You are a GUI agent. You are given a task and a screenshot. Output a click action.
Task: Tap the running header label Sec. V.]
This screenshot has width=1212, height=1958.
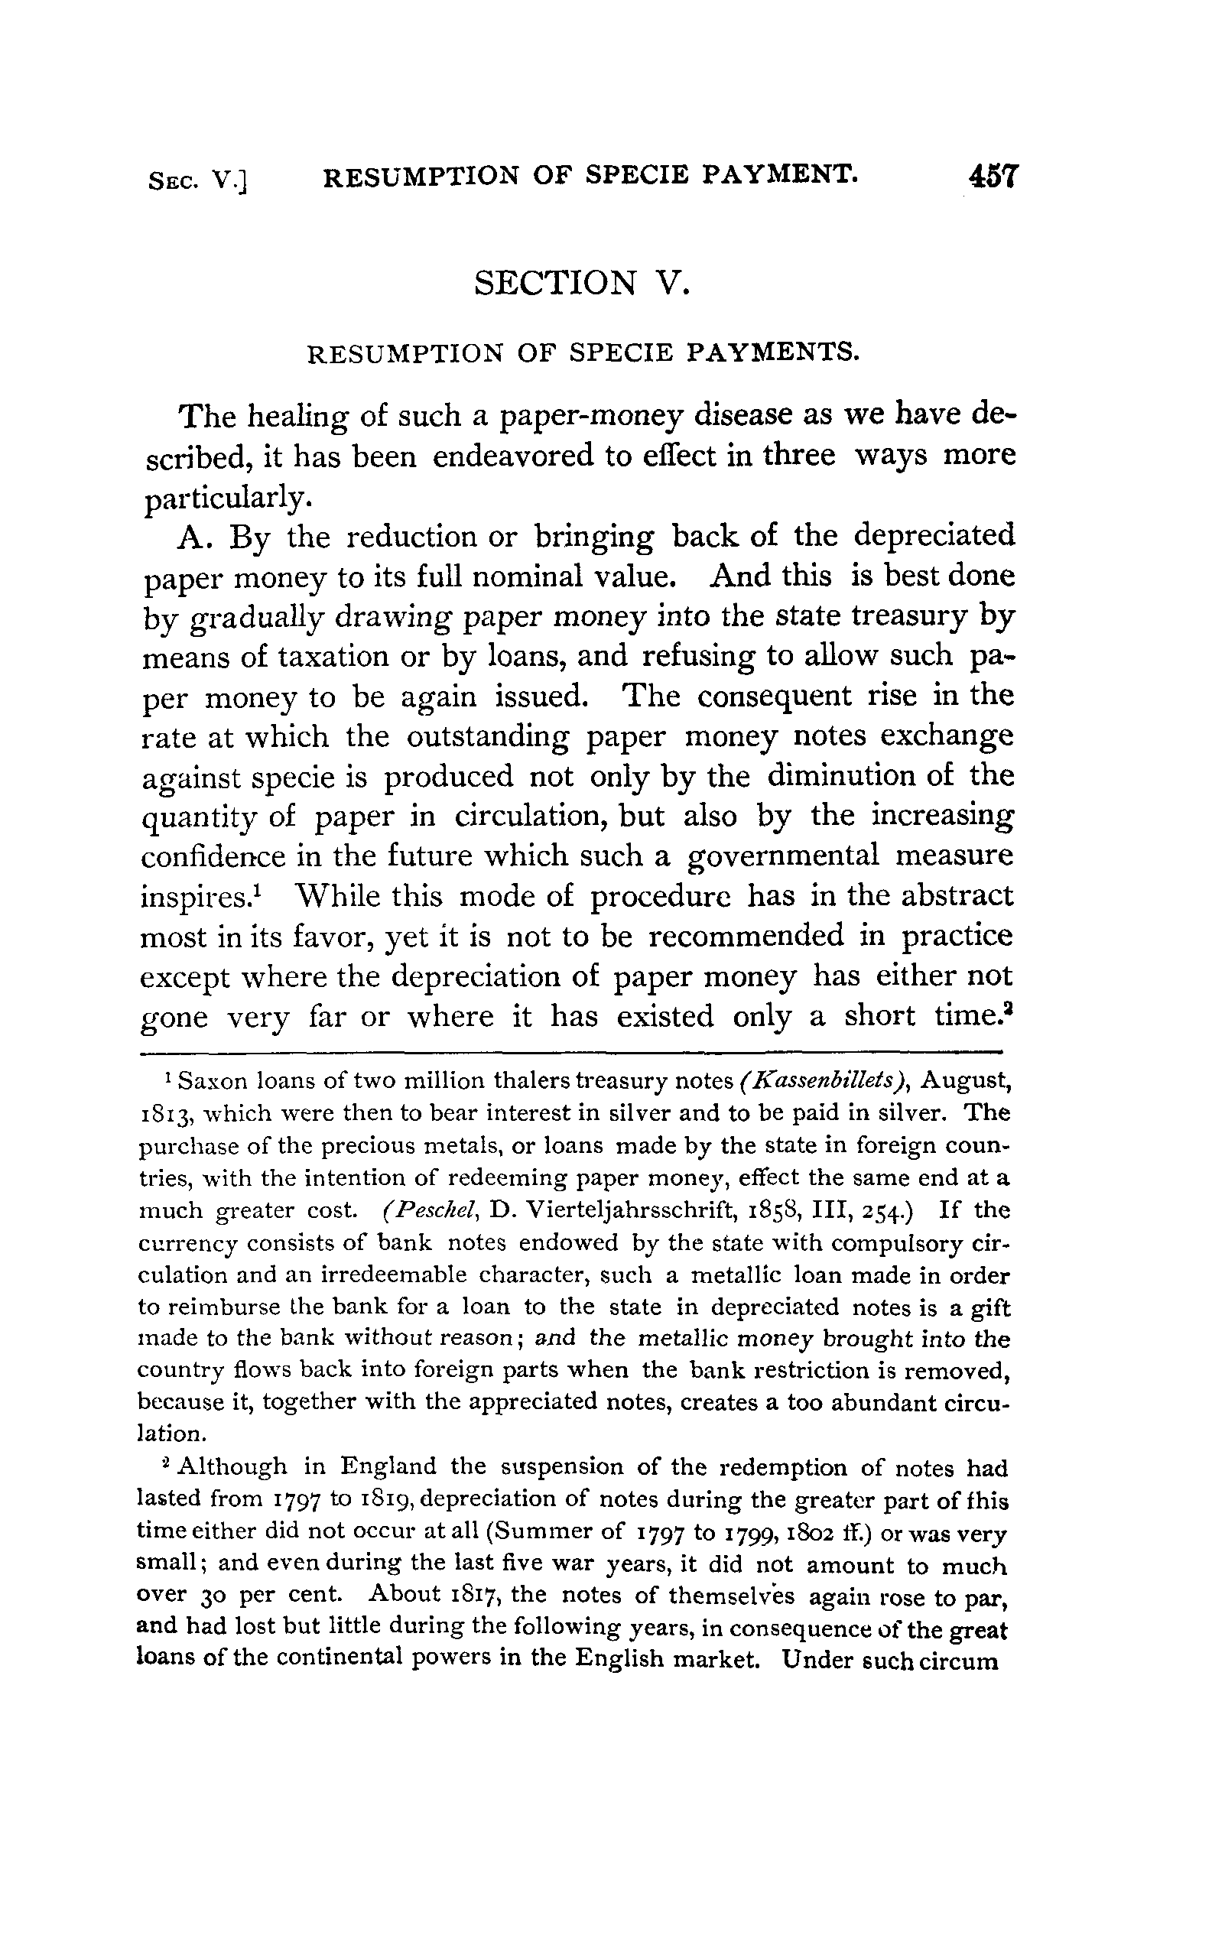click(198, 181)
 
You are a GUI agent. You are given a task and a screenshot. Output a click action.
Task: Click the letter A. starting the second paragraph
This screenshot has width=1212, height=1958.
click(193, 536)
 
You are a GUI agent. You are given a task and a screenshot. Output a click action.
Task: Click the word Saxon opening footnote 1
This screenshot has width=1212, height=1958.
click(213, 1082)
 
